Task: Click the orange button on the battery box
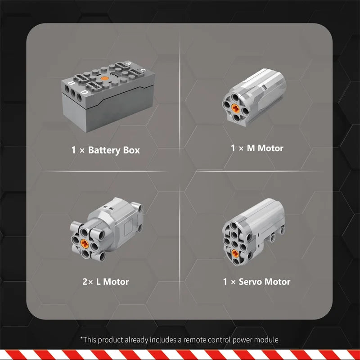(104, 78)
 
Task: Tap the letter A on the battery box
(129, 63)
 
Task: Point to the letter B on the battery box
(71, 83)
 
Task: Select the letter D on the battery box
(85, 92)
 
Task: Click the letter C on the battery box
(143, 70)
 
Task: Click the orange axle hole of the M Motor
(235, 108)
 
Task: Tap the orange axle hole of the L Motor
(85, 243)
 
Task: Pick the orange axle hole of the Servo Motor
(235, 253)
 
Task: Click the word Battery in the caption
(104, 150)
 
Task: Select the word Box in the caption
(131, 150)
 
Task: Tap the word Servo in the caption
(250, 282)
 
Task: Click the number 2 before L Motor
(85, 282)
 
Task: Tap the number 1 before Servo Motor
(225, 282)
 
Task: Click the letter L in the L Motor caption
(98, 282)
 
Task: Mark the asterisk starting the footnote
(81, 338)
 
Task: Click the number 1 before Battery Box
(73, 150)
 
